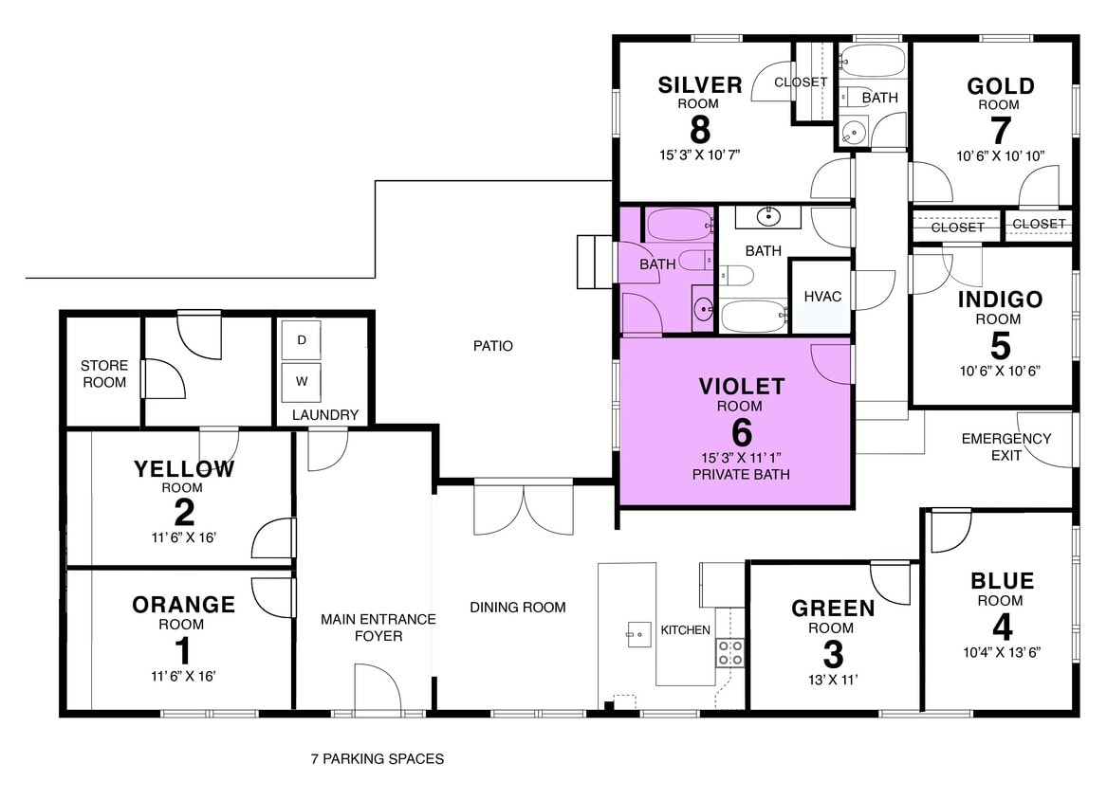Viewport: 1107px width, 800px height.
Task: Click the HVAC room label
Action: click(x=822, y=297)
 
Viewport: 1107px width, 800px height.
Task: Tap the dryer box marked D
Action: click(x=302, y=340)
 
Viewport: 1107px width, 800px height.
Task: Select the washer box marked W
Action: click(x=302, y=382)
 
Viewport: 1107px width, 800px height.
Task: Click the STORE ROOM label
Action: click(x=104, y=373)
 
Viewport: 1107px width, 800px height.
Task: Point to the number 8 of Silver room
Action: click(x=700, y=129)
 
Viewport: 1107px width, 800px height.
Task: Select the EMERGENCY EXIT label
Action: click(x=1006, y=446)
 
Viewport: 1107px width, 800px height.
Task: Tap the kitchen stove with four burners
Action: click(x=729, y=652)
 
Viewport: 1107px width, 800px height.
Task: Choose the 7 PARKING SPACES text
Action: click(x=378, y=758)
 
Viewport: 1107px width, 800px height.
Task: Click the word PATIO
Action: click(x=493, y=346)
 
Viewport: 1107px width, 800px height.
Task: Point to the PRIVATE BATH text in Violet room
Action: click(x=742, y=474)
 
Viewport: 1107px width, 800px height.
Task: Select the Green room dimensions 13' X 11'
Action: click(x=832, y=679)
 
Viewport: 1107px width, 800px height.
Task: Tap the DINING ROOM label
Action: click(x=518, y=607)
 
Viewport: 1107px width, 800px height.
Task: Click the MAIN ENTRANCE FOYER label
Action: click(x=378, y=627)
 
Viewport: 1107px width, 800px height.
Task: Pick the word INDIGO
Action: click(x=1000, y=300)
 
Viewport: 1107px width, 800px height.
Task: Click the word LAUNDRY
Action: click(x=325, y=414)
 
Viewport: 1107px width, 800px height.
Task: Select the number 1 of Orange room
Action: click(x=183, y=651)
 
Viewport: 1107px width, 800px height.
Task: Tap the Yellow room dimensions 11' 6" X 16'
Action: click(x=183, y=537)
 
